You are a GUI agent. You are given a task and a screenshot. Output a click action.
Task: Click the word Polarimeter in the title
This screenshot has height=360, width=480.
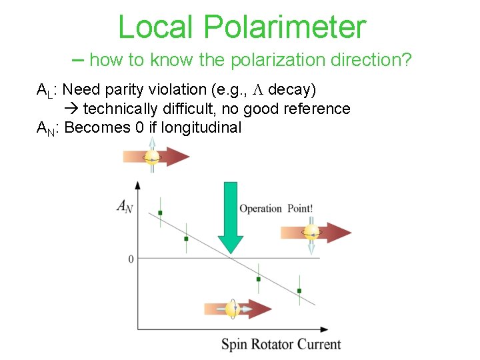point(285,27)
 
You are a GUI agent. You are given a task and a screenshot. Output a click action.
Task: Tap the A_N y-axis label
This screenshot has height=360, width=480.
point(125,207)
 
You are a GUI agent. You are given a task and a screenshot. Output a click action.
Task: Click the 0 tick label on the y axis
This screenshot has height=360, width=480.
point(131,259)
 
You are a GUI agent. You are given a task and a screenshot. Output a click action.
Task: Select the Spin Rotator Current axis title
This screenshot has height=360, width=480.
point(281,345)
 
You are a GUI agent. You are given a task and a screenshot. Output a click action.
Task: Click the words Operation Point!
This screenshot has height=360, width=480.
point(276,209)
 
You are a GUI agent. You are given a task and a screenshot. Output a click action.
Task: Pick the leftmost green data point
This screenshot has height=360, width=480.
point(161,213)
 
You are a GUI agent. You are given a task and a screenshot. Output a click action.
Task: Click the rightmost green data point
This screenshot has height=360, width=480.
point(299,291)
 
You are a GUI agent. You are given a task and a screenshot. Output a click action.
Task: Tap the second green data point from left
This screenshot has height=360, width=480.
point(186,238)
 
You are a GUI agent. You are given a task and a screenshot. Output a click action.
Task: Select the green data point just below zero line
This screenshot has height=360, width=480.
point(259,279)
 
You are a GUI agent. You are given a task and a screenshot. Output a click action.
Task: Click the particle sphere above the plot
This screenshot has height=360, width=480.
point(153,157)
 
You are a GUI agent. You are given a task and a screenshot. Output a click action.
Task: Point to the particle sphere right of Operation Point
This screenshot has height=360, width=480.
point(311,233)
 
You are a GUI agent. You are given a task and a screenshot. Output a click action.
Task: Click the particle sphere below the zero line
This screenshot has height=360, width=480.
point(232,309)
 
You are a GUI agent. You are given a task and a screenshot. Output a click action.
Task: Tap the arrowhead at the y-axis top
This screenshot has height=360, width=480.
point(138,184)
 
